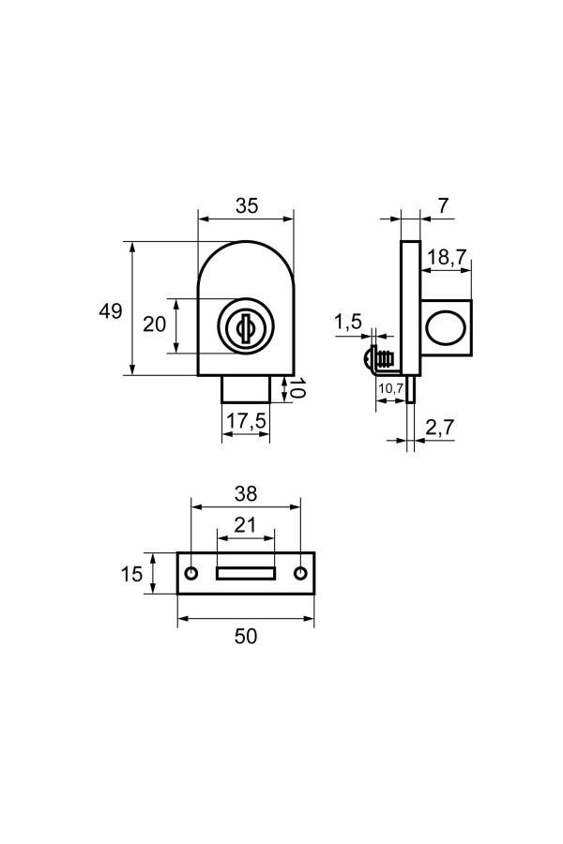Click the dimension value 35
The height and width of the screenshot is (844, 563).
[x=246, y=206]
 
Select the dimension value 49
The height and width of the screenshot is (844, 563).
[x=111, y=311]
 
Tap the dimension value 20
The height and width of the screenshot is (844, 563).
[x=154, y=324]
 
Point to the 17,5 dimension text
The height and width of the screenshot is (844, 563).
[x=246, y=423]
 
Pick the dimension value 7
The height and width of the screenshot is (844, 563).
[x=442, y=205]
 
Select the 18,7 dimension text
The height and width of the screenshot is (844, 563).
[x=448, y=258]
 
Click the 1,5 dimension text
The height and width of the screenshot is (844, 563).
[x=348, y=323]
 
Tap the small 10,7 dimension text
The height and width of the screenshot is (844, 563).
[x=389, y=388]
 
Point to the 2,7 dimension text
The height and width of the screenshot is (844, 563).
[x=439, y=428]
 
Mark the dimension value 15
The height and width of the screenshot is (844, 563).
[x=132, y=573]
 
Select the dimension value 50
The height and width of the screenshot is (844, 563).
[x=246, y=636]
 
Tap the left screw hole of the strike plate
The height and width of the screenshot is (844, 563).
[x=192, y=573]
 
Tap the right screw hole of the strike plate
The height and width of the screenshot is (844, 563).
[x=300, y=573]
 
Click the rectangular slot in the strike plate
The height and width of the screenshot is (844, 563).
[x=246, y=573]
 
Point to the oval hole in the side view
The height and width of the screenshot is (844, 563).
[x=446, y=326]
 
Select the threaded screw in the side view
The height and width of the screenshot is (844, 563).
[x=379, y=358]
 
